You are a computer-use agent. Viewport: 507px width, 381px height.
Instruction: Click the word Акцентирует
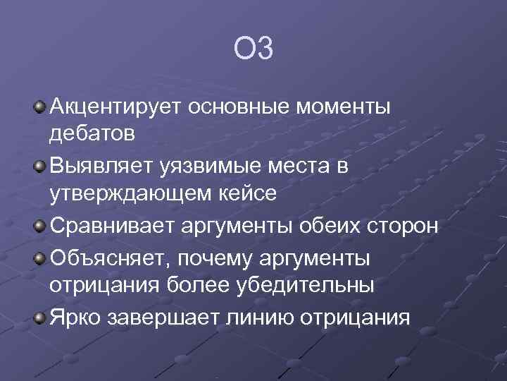click(x=116, y=107)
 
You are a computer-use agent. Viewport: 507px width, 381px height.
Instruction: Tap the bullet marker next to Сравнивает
click(x=39, y=226)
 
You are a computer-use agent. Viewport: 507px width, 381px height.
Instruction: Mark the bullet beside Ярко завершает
click(x=39, y=318)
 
